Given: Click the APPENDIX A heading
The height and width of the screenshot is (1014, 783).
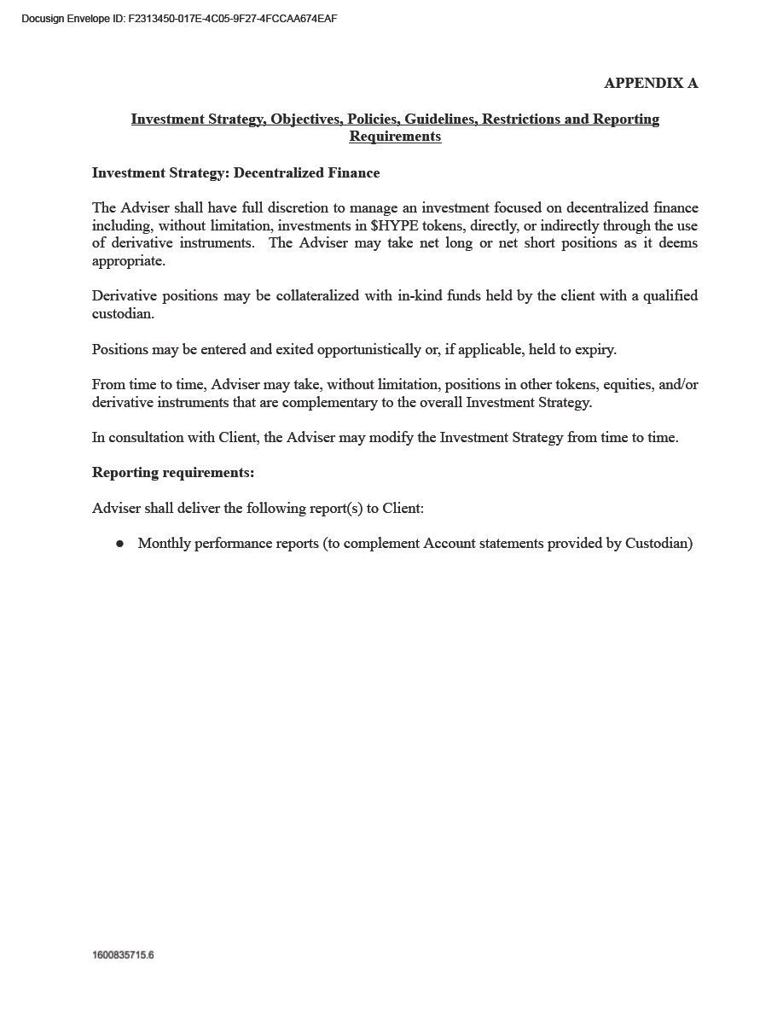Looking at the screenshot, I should pos(651,83).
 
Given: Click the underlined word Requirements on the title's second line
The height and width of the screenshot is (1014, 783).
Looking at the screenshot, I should pos(395,137).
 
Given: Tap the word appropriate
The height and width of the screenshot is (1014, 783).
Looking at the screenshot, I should pos(128,261).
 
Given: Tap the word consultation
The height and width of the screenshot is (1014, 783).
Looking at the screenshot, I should pos(147,438).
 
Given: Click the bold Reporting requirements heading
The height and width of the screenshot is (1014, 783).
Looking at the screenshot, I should pos(173,473).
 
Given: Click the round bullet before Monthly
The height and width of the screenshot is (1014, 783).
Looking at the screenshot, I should pos(120,544).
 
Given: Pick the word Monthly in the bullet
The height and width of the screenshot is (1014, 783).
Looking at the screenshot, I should pos(164,544).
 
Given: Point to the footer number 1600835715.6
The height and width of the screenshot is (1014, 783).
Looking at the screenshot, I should pos(123,955).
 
